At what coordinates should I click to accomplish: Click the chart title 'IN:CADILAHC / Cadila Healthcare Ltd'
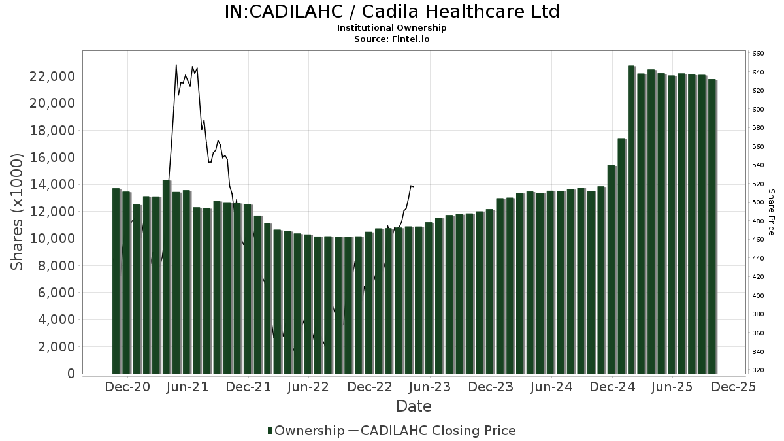click(x=392, y=12)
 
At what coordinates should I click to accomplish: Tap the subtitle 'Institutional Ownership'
click(x=392, y=28)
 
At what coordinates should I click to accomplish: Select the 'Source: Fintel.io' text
click(x=392, y=39)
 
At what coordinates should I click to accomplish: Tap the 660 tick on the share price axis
click(x=758, y=54)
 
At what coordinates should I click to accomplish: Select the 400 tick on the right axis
click(x=758, y=296)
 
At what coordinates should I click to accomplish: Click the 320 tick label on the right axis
click(x=758, y=370)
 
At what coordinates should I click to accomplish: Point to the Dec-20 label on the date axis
click(x=127, y=387)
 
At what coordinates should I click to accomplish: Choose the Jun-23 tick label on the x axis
click(x=431, y=387)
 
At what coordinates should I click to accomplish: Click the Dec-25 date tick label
click(x=734, y=387)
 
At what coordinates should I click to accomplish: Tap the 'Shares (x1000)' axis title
click(x=18, y=212)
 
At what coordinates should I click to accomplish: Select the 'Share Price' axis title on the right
click(x=771, y=212)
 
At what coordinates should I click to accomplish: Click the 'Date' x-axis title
click(x=414, y=406)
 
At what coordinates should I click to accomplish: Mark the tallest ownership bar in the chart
click(x=631, y=220)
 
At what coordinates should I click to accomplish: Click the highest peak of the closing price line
click(x=176, y=65)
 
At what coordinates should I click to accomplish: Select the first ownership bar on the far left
click(x=116, y=281)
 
